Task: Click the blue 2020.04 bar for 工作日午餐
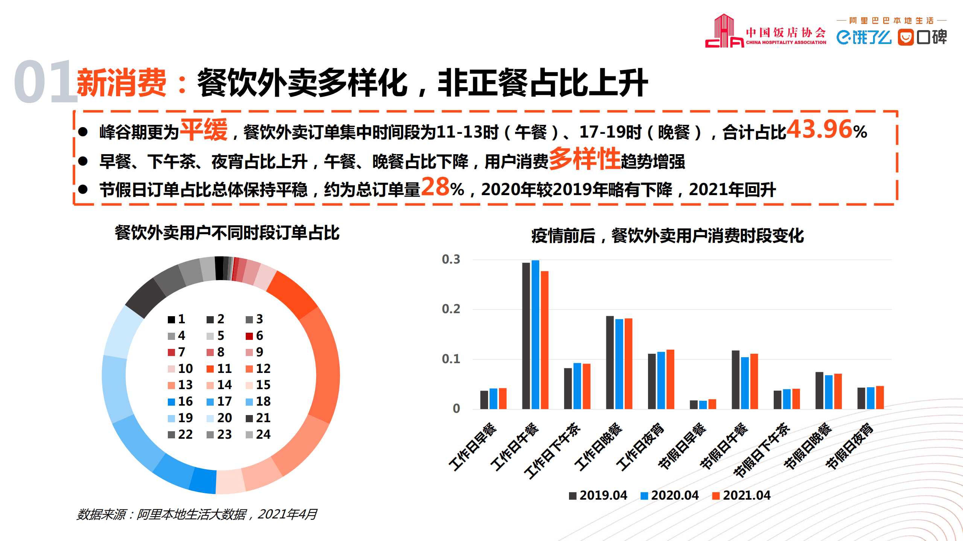point(535,335)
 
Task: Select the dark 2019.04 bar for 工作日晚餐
point(610,362)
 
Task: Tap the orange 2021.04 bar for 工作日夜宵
point(670,379)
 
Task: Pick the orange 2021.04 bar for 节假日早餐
point(712,404)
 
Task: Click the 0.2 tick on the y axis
point(451,309)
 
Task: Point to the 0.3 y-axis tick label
point(451,259)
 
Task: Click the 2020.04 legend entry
point(670,496)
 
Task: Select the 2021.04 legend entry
point(741,496)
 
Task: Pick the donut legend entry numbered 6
point(255,336)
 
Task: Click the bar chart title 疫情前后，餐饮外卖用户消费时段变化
point(667,236)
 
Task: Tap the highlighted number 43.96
point(819,130)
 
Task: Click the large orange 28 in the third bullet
point(435,187)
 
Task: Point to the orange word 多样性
point(584,159)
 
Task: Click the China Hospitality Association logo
point(765,32)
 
